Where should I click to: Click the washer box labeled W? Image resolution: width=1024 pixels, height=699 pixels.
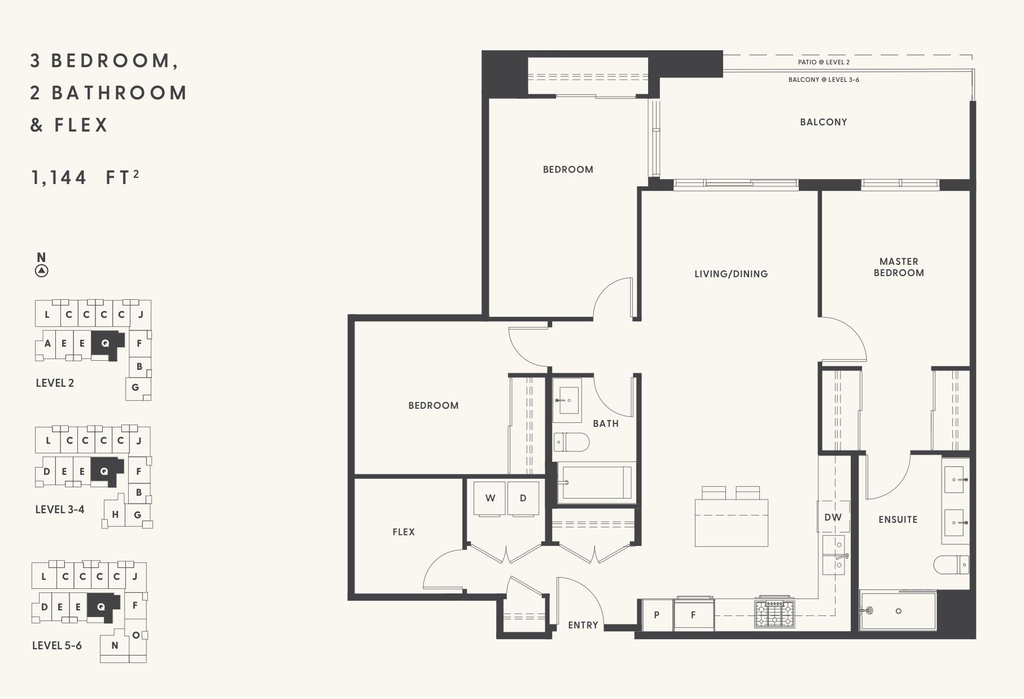click(x=490, y=498)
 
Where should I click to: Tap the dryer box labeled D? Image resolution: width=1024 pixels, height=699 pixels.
click(x=523, y=498)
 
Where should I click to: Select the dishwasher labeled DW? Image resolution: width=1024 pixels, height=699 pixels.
click(x=833, y=517)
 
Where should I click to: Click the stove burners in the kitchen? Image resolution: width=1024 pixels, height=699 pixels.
click(x=774, y=614)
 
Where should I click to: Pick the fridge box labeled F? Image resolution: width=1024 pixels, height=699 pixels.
click(x=693, y=615)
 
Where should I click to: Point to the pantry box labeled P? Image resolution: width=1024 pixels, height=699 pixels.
click(x=657, y=615)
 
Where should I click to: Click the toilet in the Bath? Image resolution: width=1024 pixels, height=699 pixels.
click(x=571, y=442)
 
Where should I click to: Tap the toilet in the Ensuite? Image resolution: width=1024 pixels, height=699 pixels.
click(x=951, y=564)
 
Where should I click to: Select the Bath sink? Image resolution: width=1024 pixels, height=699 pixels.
click(x=567, y=400)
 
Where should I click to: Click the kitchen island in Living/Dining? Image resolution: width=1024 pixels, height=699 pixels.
click(x=731, y=522)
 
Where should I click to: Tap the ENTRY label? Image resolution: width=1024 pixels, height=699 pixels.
click(x=583, y=625)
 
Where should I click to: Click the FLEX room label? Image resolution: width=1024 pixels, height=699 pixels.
click(x=404, y=532)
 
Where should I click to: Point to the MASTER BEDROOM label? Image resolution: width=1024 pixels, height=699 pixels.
click(x=899, y=267)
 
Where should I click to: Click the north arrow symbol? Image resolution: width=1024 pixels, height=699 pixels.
click(x=41, y=270)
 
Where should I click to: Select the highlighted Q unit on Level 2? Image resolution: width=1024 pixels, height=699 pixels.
click(x=104, y=343)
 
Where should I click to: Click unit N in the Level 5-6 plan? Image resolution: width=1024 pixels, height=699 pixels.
click(x=115, y=645)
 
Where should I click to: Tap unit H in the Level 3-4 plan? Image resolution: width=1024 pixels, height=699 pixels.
click(x=115, y=514)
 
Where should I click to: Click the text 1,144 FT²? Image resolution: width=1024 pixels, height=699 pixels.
click(x=85, y=177)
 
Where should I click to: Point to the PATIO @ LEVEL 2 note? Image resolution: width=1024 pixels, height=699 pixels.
click(x=824, y=62)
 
